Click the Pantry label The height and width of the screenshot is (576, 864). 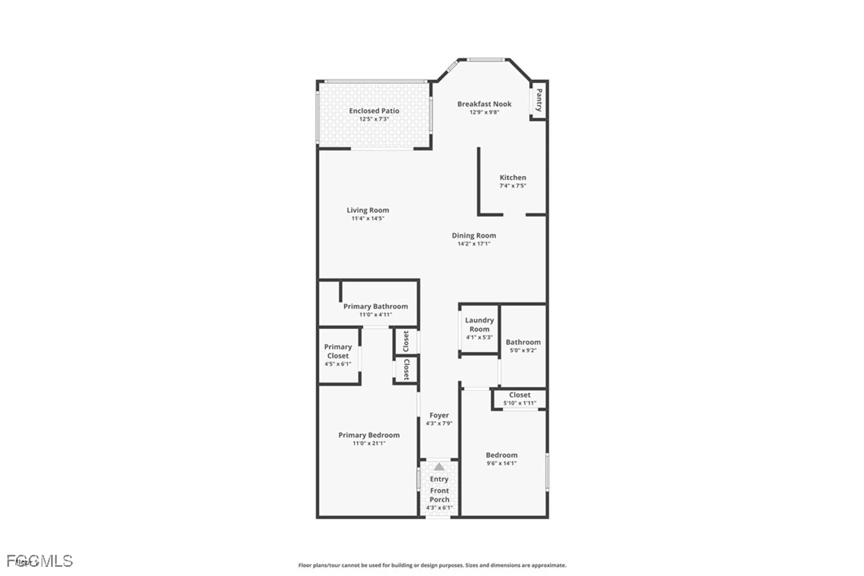pyautogui.click(x=539, y=100)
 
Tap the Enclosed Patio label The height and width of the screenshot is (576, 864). pyautogui.click(x=374, y=111)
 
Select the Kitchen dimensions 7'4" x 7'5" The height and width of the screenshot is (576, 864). pyautogui.click(x=512, y=186)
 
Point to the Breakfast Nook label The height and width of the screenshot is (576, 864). pyautogui.click(x=484, y=104)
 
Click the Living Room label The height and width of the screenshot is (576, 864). pyautogui.click(x=368, y=210)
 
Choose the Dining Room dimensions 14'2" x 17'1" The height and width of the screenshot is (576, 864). pyautogui.click(x=473, y=244)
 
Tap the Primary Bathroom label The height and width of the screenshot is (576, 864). pyautogui.click(x=375, y=306)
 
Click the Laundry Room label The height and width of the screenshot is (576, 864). pyautogui.click(x=479, y=325)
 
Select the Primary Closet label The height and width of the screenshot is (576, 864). pyautogui.click(x=337, y=351)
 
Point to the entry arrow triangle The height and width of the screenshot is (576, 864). pyautogui.click(x=439, y=467)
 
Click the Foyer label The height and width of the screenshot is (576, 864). pyautogui.click(x=439, y=415)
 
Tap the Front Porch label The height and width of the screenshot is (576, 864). pyautogui.click(x=439, y=495)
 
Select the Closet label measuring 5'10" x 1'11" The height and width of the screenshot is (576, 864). pyautogui.click(x=519, y=395)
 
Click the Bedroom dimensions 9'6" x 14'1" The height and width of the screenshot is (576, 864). pyautogui.click(x=501, y=463)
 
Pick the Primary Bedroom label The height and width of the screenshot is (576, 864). pyautogui.click(x=368, y=435)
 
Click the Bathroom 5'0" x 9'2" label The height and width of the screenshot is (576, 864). pyautogui.click(x=523, y=342)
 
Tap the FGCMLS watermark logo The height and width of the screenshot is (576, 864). pyautogui.click(x=40, y=561)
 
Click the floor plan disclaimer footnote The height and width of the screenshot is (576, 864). pyautogui.click(x=432, y=565)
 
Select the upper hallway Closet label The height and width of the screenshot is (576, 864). pyautogui.click(x=406, y=341)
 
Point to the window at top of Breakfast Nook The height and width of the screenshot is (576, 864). pyautogui.click(x=485, y=60)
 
